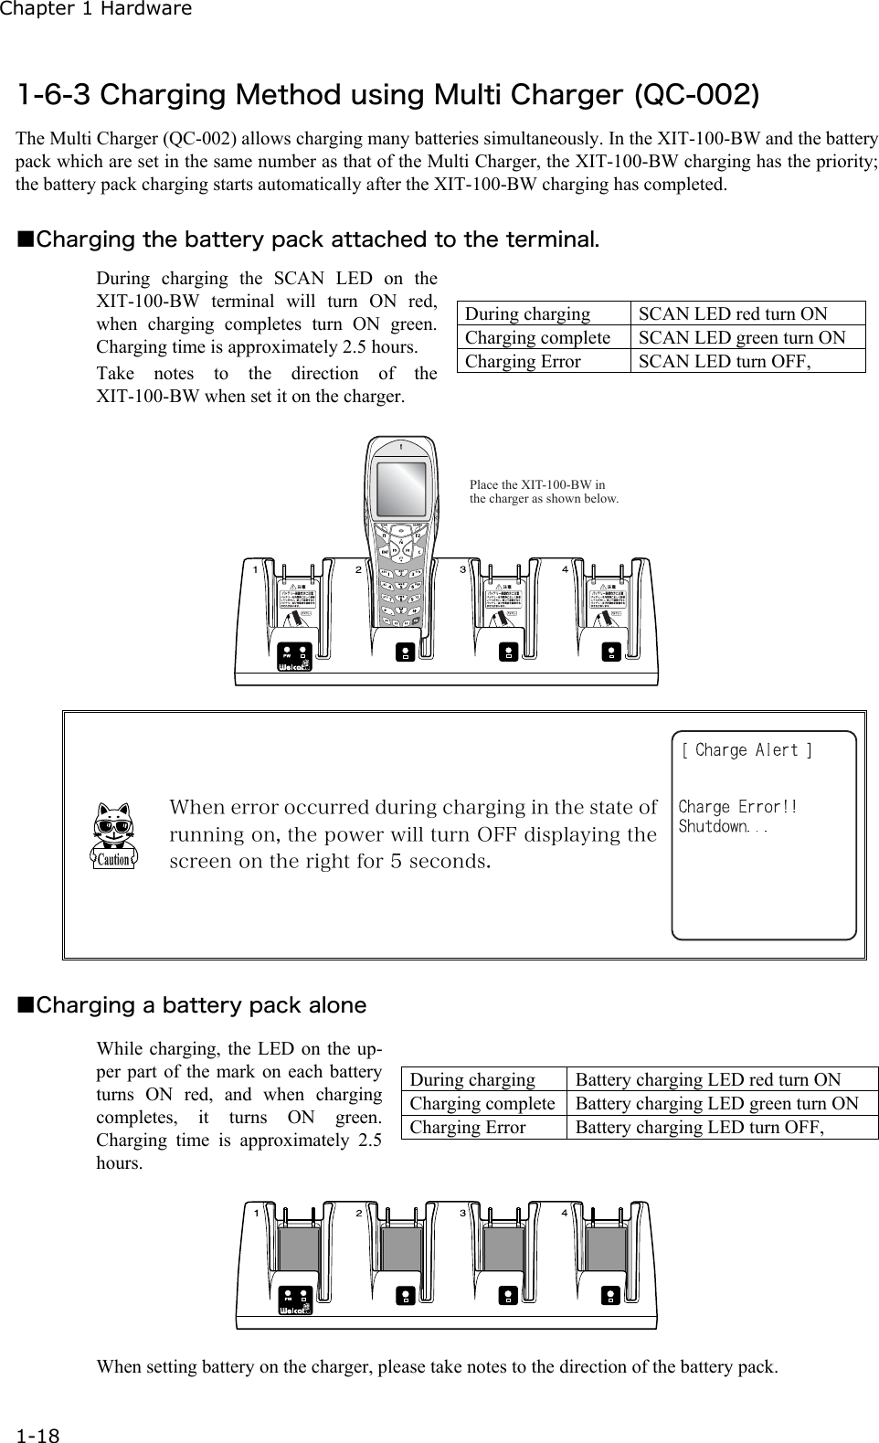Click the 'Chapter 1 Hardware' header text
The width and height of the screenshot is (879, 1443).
[x=96, y=10]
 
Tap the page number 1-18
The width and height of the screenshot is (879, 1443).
[x=37, y=1436]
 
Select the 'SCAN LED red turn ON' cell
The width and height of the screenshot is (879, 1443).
[x=733, y=314]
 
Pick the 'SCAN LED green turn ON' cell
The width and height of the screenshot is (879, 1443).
[x=741, y=338]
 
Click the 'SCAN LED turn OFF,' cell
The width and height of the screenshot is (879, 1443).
[x=725, y=362]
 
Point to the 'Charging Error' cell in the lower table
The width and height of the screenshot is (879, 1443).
[x=468, y=1128]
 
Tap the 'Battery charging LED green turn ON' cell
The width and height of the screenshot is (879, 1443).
[x=716, y=1104]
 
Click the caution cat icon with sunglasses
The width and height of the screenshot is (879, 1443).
[x=114, y=834]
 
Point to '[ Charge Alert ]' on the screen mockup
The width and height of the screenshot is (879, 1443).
[x=747, y=751]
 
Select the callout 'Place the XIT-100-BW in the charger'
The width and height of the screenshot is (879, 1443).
[x=543, y=492]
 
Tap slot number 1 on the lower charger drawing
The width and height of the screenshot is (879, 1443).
[x=258, y=1213]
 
